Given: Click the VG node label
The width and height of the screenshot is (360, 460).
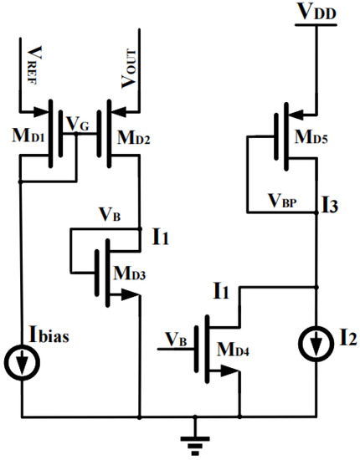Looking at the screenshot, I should pos(80,126).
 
